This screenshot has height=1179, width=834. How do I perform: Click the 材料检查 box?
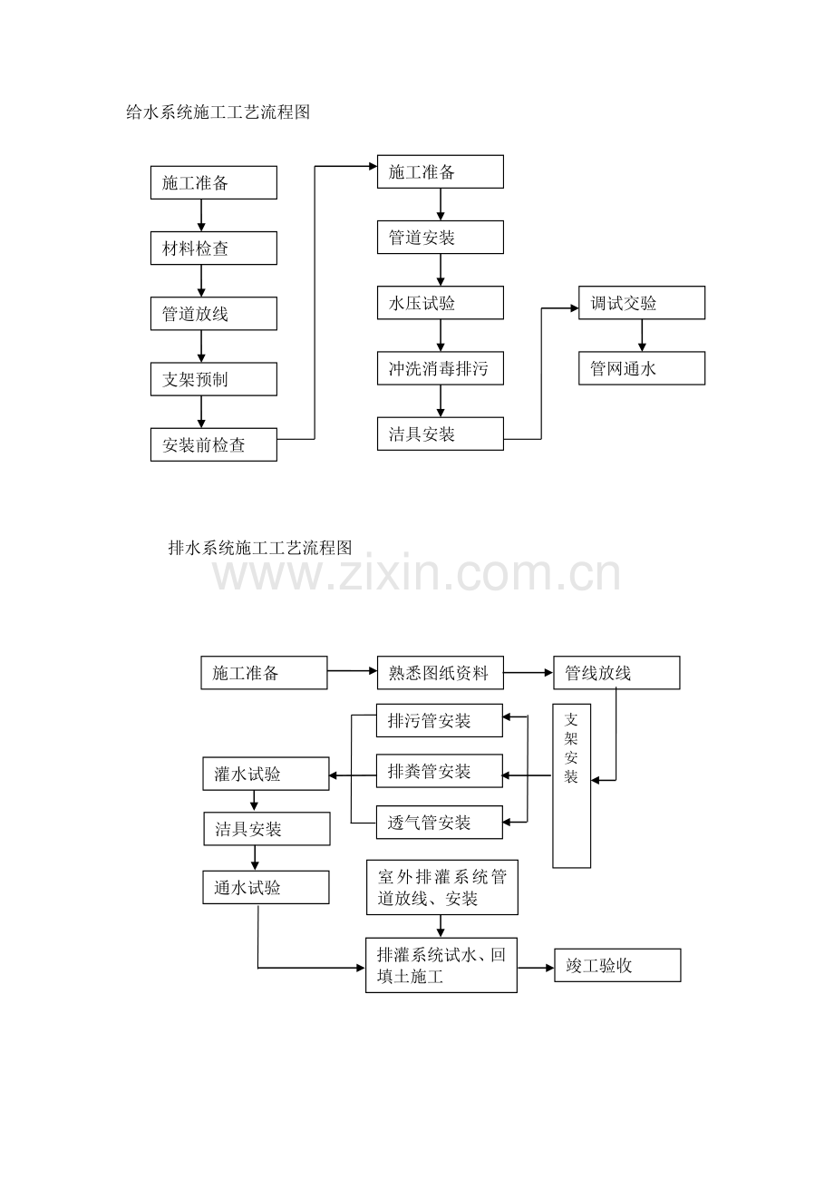(x=214, y=248)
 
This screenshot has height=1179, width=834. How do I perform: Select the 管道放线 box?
(x=214, y=314)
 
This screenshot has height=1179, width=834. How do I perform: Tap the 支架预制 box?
(x=214, y=379)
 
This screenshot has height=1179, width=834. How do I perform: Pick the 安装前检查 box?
(x=214, y=444)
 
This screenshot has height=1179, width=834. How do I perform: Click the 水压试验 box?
(x=441, y=303)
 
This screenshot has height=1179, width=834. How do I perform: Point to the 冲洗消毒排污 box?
(x=441, y=368)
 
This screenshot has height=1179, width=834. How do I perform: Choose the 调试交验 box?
(x=642, y=303)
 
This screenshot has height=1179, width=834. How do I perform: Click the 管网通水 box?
(x=642, y=368)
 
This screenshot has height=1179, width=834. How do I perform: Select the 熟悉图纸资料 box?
(x=441, y=673)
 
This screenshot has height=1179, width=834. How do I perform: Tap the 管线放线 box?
(x=616, y=673)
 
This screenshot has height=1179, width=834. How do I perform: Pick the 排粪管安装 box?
(x=440, y=771)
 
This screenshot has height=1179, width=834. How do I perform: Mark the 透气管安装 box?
(x=440, y=823)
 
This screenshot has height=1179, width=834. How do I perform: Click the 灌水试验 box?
(x=267, y=774)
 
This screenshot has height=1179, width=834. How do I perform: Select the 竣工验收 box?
(x=617, y=965)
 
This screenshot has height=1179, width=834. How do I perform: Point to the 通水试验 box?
(x=267, y=887)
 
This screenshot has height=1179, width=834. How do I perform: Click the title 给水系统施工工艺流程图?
(x=218, y=112)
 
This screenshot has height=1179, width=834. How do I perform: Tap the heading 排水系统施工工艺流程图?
(x=260, y=548)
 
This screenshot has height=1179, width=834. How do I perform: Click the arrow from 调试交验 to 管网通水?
(x=642, y=336)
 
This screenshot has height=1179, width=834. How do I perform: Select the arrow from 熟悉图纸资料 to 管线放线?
(x=529, y=672)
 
